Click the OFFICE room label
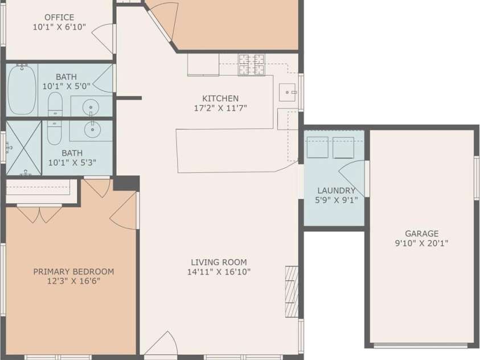pos(59,18)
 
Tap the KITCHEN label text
pos(220,99)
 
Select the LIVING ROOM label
pos(219,263)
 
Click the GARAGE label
pos(422,234)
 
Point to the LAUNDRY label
pos(337,191)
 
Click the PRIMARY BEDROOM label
pos(73,272)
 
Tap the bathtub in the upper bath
pos(22,89)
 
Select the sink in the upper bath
pos(91,106)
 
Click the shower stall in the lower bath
pos(24,148)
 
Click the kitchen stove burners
pos(252,64)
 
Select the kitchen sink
pos(287,92)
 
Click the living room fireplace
pos(292,291)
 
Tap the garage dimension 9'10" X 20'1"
pos(422,243)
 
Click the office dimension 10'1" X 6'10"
pos(59,26)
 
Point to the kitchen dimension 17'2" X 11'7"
pos(220,108)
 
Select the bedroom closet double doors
pos(39,214)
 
